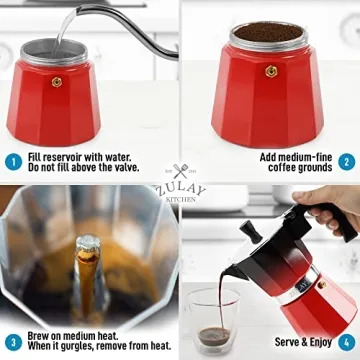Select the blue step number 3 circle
coord(13,341)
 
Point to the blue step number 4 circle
coord(346,341)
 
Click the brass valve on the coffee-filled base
coord(269,71)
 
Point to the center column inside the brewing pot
coord(89,265)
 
